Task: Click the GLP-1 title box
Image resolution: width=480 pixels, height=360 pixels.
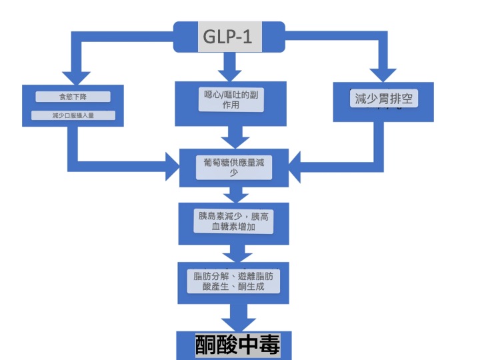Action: pyautogui.click(x=229, y=37)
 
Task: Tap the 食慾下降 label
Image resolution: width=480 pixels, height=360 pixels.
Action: pyautogui.click(x=72, y=97)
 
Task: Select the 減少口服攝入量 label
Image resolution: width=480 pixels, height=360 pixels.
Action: pyautogui.click(x=73, y=115)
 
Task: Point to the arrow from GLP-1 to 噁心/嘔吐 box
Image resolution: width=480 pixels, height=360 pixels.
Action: pyautogui.click(x=231, y=65)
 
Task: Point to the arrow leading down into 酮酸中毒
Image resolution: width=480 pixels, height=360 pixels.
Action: pyautogui.click(x=234, y=314)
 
